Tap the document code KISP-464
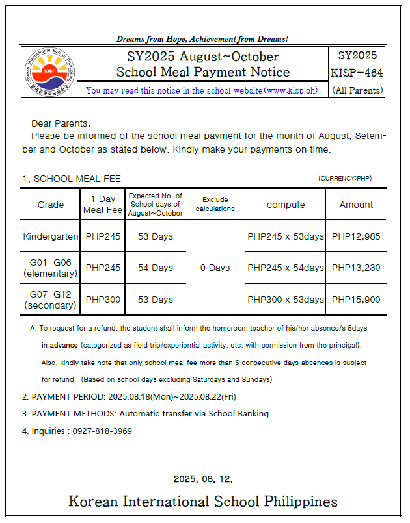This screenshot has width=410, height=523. click(357, 71)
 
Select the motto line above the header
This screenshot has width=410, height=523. click(202, 39)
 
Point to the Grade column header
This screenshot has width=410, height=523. click(51, 205)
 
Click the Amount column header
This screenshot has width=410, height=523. click(356, 205)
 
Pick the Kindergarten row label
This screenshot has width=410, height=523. click(51, 236)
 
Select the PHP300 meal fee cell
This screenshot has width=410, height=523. click(103, 300)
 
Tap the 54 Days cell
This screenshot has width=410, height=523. click(156, 268)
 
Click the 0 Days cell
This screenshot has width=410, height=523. click(215, 268)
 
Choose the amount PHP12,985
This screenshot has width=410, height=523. click(356, 236)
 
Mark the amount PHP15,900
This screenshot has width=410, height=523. click(356, 300)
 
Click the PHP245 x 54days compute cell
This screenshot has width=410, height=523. click(286, 268)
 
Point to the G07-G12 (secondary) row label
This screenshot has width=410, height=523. click(51, 300)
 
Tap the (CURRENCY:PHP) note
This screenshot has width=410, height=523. click(345, 178)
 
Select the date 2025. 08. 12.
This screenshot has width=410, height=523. click(203, 479)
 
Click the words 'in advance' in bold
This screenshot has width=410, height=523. click(60, 344)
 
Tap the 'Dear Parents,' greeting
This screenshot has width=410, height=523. click(61, 123)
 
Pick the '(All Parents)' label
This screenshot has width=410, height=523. click(357, 90)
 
